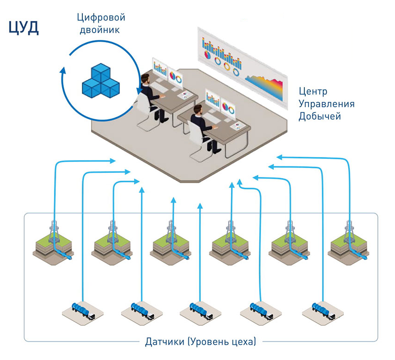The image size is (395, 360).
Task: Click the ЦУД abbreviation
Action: [x=24, y=28]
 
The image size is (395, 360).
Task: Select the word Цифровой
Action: [x=102, y=18]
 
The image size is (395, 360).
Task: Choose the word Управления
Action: [x=326, y=104]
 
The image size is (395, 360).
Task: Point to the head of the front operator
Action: [x=197, y=110]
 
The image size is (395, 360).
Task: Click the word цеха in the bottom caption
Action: [x=240, y=342]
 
